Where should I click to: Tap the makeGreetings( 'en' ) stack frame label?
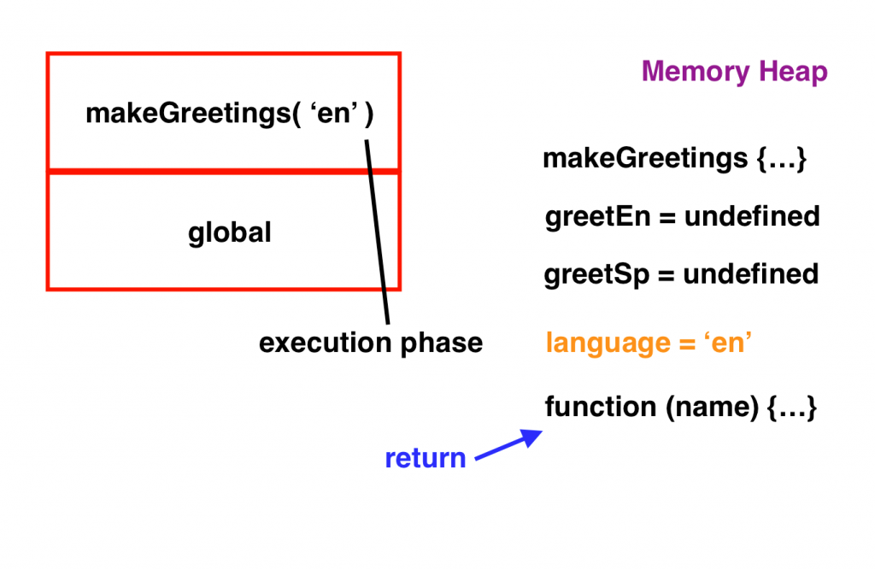[x=229, y=114]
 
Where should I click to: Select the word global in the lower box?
[x=229, y=232]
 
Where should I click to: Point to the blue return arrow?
[x=508, y=444]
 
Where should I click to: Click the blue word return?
[x=426, y=458]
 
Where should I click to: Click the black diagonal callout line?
[x=377, y=232]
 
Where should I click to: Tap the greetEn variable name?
[x=597, y=217]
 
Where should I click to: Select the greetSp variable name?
[x=596, y=274]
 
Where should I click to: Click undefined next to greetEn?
[x=752, y=216]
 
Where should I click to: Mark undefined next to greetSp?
[x=751, y=273]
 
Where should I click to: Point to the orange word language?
[x=608, y=344]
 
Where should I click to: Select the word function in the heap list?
[x=601, y=406]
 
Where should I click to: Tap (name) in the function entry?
[x=712, y=407]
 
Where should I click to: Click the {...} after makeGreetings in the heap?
[x=781, y=159]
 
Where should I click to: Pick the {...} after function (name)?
[x=792, y=407]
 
